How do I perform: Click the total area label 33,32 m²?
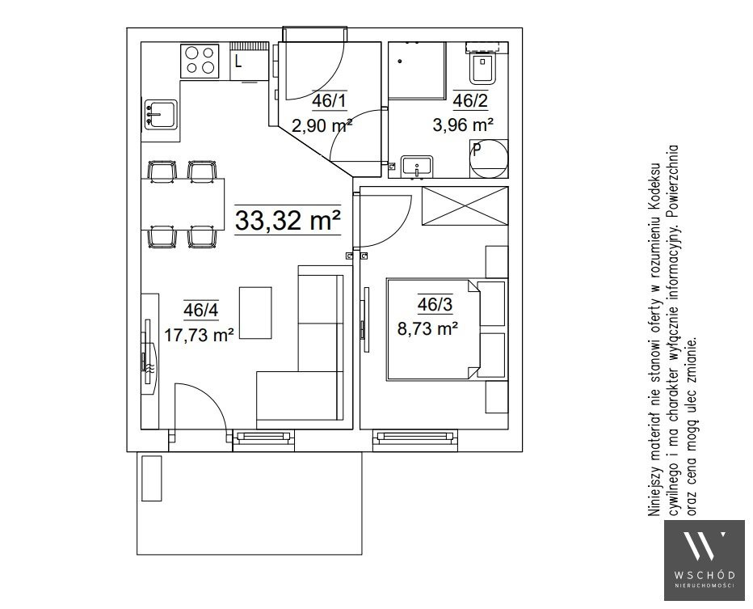point(288,220)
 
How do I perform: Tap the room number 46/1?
point(329,100)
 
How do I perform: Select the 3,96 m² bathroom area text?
point(463,125)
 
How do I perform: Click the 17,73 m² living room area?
point(199,335)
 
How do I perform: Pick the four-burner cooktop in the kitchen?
point(200,61)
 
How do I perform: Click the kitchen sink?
point(161,114)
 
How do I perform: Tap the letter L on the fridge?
point(238,61)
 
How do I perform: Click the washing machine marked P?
point(488,159)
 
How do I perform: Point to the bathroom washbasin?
point(417,167)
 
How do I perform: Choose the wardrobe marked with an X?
point(465,205)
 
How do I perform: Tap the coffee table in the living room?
point(255,313)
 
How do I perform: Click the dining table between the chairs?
point(183,204)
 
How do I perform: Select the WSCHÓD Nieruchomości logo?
point(705,560)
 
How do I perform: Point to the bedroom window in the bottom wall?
point(415,437)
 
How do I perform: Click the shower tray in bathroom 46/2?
point(417,70)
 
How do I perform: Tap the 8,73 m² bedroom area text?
point(427,329)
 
